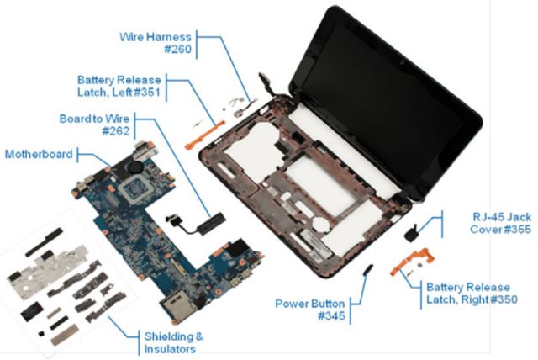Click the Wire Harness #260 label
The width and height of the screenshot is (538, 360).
156,43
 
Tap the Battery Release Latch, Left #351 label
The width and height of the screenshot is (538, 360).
119,86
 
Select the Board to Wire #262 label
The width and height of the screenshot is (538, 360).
95,124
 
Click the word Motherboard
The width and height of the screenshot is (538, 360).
39,155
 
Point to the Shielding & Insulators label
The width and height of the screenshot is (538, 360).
174,343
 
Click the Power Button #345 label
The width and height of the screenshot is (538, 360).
310,310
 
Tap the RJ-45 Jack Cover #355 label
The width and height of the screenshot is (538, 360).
501,223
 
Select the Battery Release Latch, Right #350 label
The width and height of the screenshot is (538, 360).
472,294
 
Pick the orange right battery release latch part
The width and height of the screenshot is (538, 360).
413,261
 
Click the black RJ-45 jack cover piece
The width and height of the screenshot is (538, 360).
411,234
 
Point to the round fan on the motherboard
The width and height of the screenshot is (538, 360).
134,167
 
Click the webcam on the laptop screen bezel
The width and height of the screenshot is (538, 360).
401,62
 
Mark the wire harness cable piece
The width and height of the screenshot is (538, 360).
243,104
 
